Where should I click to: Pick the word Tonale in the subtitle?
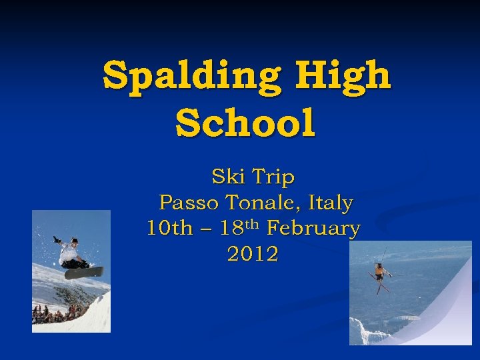262,202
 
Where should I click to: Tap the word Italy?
330,202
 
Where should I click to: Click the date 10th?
168,228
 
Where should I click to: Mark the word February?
313,229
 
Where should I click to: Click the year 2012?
253,254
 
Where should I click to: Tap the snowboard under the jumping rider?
84,272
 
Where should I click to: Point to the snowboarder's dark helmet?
74,241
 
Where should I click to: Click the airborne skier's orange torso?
380,271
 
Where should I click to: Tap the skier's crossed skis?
381,284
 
